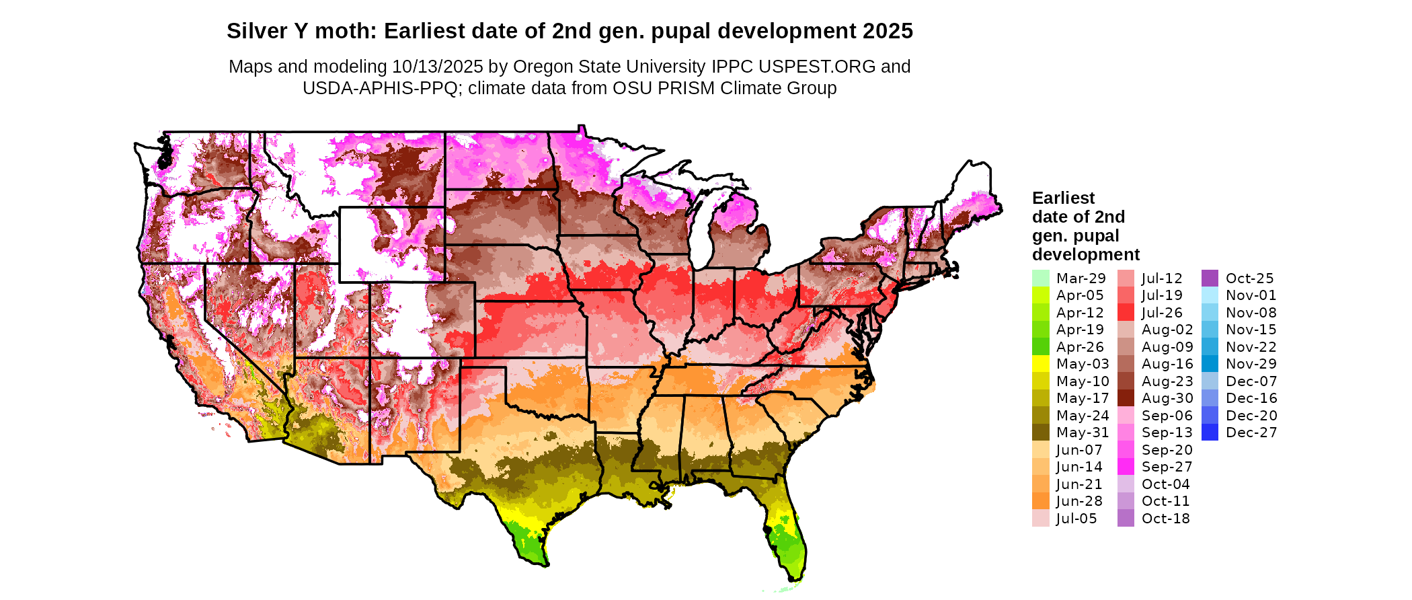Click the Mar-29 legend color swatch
pos(1040,278)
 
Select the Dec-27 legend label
pos(1251,433)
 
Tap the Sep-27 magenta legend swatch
pos(1126,467)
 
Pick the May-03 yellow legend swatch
pos(1040,364)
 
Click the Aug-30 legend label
pos(1167,398)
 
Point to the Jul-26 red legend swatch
pos(1126,313)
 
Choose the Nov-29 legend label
pos(1251,364)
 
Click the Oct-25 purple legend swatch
pos(1210,278)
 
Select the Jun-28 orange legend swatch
pos(1040,501)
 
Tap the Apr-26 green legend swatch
pos(1040,347)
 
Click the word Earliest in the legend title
pos(1063,198)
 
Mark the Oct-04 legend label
pos(1165,484)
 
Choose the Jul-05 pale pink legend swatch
pos(1040,519)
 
